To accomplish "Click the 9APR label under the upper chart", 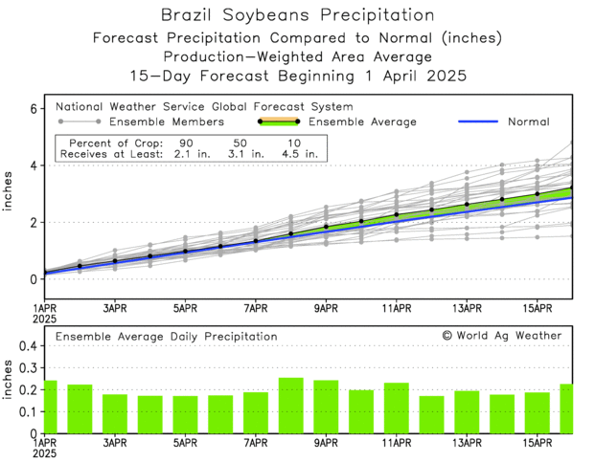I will pos(326,309).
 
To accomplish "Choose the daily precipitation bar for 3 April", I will pos(114,413).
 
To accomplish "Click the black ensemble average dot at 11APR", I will pos(397,215).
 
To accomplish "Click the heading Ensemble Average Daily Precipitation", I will pos(166,337).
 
